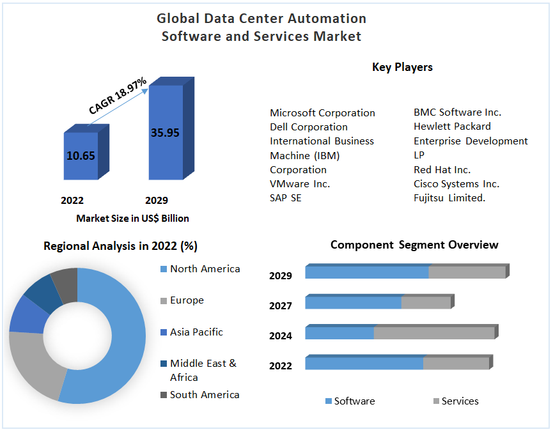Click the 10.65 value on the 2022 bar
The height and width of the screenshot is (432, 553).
coord(81,155)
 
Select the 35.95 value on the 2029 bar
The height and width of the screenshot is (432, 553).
coord(165,133)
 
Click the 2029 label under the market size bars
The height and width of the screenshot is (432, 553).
coord(157,200)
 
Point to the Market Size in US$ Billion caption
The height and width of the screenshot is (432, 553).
coord(132,219)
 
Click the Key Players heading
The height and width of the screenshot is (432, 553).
coord(402,67)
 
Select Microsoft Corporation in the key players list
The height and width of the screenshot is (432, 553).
coord(322,113)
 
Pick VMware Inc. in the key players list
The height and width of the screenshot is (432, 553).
coord(300,184)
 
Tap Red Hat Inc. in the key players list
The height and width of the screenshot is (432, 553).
coord(442,170)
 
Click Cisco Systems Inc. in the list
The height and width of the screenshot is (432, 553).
coord(456,184)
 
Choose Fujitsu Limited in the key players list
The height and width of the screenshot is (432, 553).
coord(449,198)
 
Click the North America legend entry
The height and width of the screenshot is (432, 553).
coord(205,269)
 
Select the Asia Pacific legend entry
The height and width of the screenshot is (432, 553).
coord(196,332)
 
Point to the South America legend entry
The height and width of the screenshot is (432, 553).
coord(204,395)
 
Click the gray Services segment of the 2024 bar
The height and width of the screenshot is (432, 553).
coord(433,333)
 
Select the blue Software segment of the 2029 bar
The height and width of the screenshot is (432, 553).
coord(366,273)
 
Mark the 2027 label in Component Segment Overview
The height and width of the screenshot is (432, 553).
coord(281,306)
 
